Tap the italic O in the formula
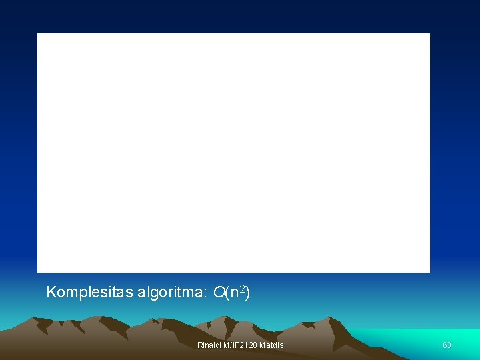pyautogui.click(x=219, y=292)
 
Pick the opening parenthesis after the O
pyautogui.click(x=227, y=292)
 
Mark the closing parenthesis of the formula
pyautogui.click(x=247, y=292)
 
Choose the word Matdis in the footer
pyautogui.click(x=271, y=345)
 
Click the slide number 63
pyautogui.click(x=447, y=345)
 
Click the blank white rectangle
pyautogui.click(x=233, y=152)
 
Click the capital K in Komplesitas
pyautogui.click(x=51, y=292)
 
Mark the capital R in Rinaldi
pyautogui.click(x=200, y=345)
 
